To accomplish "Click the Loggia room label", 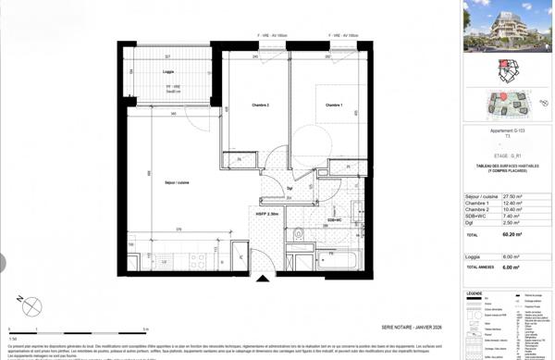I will pyautogui.click(x=167, y=71).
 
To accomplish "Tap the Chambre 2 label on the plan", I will pyautogui.click(x=254, y=106).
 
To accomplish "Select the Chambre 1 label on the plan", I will pyautogui.click(x=333, y=106).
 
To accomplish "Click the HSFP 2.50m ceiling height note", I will pyautogui.click(x=267, y=214).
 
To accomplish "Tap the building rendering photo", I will pyautogui.click(x=507, y=27).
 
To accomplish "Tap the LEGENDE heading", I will pyautogui.click(x=475, y=293).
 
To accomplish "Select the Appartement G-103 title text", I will pyautogui.click(x=506, y=132).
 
